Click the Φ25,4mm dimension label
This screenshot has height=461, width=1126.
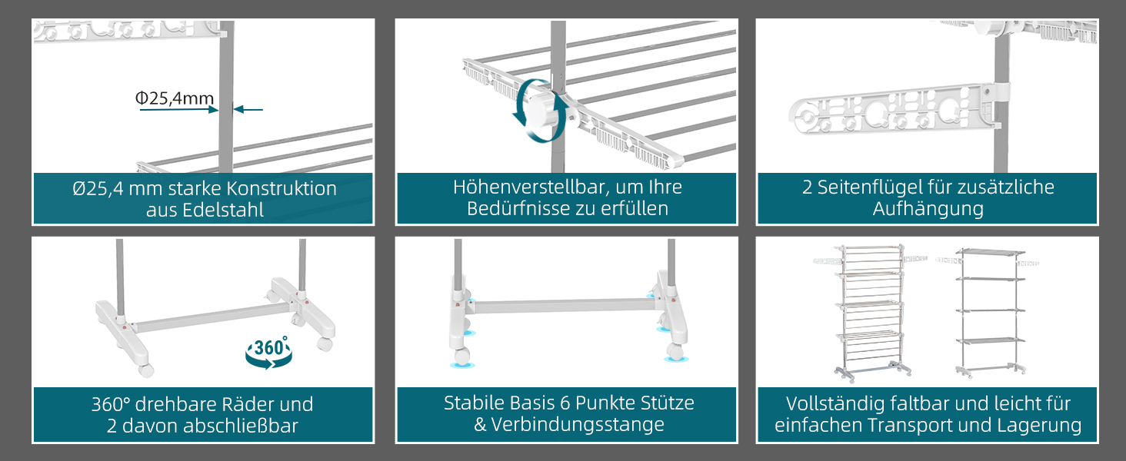175,98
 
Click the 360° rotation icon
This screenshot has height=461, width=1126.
269,352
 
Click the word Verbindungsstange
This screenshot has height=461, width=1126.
578,425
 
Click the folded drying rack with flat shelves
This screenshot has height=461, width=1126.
991,312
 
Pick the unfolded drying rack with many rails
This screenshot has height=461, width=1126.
870,313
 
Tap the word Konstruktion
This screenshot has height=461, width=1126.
281,189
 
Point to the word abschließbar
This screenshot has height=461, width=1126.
240,426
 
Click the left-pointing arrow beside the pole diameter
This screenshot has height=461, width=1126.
248,109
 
